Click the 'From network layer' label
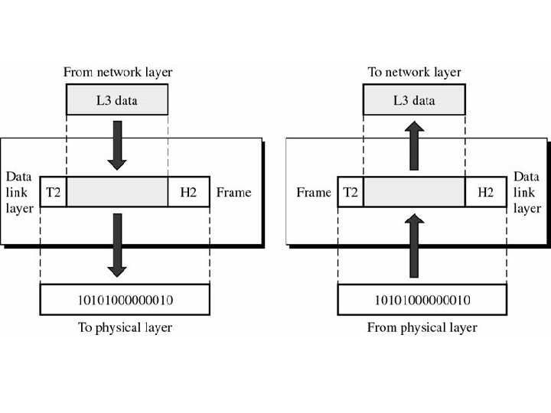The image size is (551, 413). (117, 72)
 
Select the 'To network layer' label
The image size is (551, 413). (414, 72)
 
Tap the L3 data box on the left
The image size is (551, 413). (117, 100)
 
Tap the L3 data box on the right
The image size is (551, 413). (414, 100)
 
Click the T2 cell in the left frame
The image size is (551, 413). (54, 193)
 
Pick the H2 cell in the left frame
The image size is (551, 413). (188, 193)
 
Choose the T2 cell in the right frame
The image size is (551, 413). (350, 193)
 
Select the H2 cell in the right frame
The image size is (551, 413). (485, 193)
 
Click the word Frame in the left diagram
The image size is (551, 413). (233, 193)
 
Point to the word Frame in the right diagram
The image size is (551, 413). (314, 193)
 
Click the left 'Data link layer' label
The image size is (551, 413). (19, 192)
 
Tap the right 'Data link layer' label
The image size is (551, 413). (527, 192)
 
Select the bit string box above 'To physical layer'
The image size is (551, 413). (125, 300)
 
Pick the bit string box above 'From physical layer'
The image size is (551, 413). (422, 300)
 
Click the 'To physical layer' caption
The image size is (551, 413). (125, 327)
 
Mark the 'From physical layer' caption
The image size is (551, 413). (422, 327)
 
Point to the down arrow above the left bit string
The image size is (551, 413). (117, 245)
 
